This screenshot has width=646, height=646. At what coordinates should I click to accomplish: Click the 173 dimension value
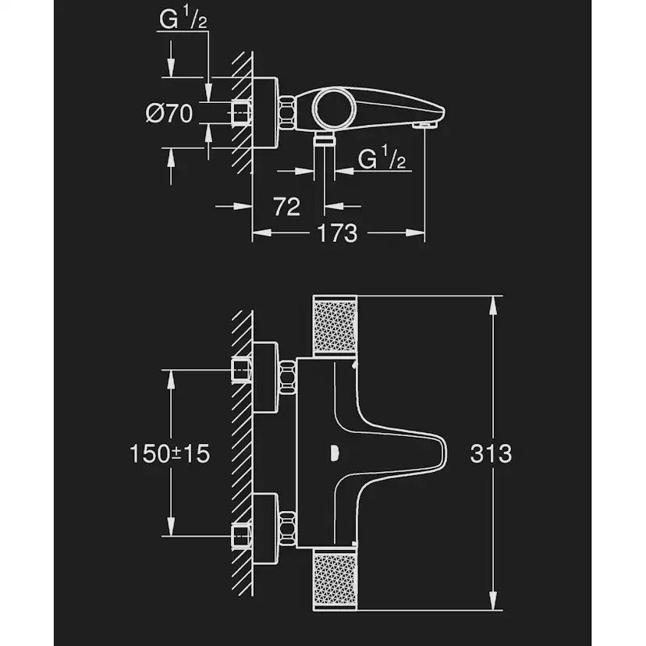click(x=337, y=232)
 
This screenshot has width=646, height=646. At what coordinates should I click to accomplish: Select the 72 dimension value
click(x=287, y=206)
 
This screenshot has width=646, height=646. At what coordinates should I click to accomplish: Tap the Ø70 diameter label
click(x=169, y=114)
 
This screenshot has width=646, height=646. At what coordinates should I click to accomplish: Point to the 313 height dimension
click(x=492, y=453)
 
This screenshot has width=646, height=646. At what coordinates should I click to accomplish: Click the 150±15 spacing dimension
click(x=170, y=453)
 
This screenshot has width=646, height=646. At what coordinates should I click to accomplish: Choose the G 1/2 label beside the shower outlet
click(x=382, y=159)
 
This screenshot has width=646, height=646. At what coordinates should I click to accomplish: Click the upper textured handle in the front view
click(x=335, y=328)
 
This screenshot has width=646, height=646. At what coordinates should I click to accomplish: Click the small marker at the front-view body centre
click(x=334, y=451)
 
